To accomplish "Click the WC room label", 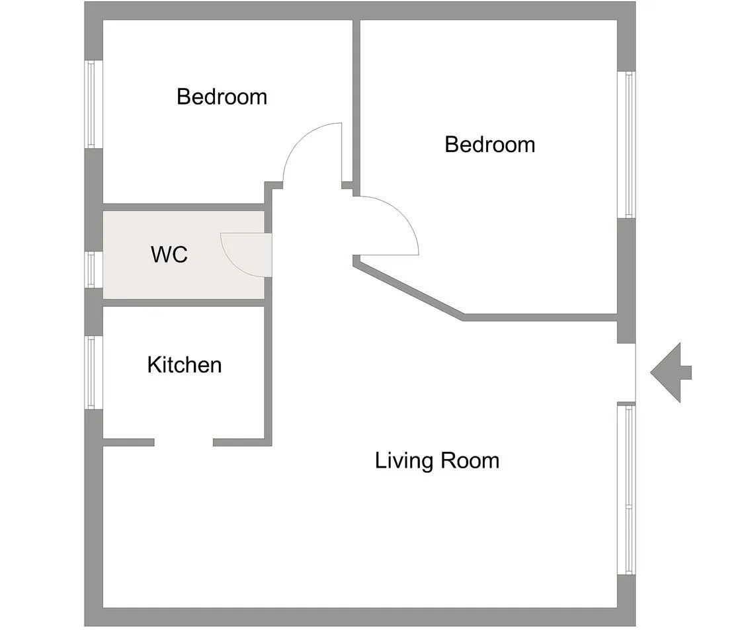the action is [169, 254].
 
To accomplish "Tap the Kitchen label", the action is [184, 365].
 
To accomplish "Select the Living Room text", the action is [437, 461].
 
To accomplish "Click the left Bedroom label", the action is [222, 97].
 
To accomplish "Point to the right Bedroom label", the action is [490, 145].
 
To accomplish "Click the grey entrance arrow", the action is [671, 372].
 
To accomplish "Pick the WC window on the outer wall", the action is [94, 270].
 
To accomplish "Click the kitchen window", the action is [94, 372].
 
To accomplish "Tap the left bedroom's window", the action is [94, 104].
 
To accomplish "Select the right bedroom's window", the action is [626, 145].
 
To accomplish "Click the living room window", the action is [626, 489].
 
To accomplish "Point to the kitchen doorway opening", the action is [184, 443].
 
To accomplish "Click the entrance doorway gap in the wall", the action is [626, 372].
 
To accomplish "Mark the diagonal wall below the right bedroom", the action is [408, 288].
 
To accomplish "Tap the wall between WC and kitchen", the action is [184, 303].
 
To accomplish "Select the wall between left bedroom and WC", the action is [184, 208].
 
